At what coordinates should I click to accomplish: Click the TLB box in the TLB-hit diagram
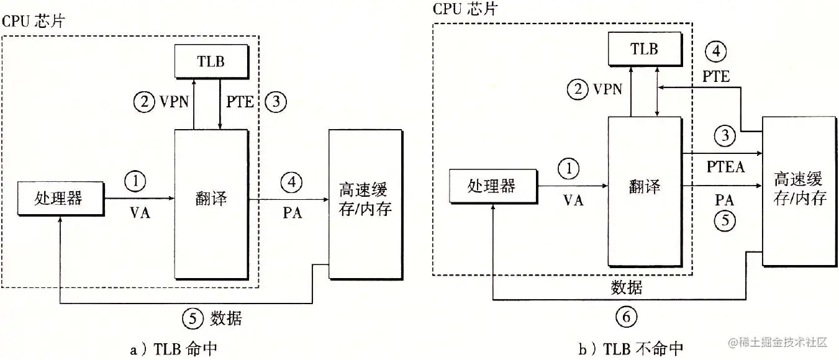(x=212, y=62)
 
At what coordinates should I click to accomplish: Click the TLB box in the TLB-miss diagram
(x=645, y=48)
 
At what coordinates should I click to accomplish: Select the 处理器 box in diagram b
(x=491, y=185)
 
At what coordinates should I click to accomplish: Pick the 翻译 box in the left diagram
(x=212, y=198)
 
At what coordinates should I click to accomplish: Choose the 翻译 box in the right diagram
(x=645, y=186)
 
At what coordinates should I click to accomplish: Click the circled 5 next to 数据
(x=193, y=318)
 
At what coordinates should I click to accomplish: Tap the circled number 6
(x=625, y=317)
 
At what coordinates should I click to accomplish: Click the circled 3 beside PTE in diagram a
(x=275, y=102)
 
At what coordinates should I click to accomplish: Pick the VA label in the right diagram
(x=573, y=200)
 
